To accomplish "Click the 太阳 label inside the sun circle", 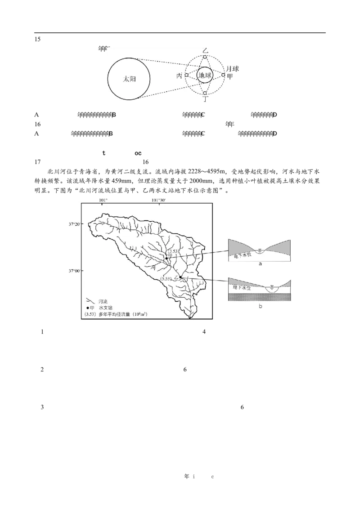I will pos(130,78).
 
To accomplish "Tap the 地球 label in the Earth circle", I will pos(205,75).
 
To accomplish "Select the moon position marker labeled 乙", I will pos(205,57).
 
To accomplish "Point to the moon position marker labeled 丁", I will pos(205,93).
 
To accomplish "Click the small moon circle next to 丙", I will pos(187,75).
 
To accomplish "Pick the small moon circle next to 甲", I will pos(223,75).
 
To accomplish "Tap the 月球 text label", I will pos(232,69).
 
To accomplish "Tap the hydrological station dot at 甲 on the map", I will pos(166,259).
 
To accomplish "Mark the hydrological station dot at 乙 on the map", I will pos(180,277).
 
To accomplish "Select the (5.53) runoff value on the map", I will pos(166,279).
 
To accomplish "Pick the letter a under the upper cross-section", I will pos(260,265).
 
